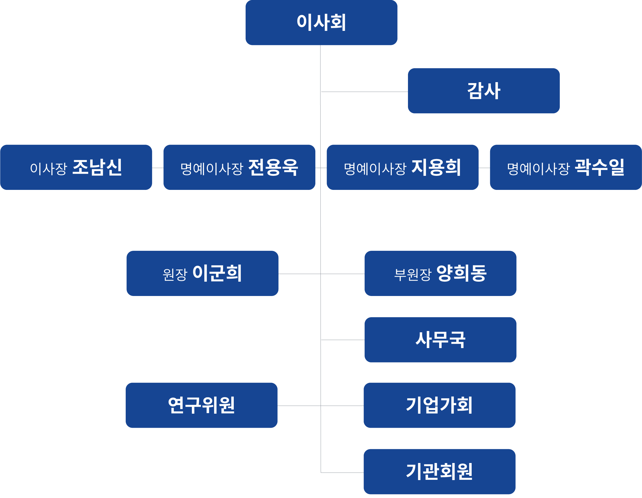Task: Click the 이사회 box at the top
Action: pos(321,22)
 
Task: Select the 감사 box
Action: pos(483,91)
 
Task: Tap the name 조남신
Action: pos(97,167)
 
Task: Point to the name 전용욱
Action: pos(273,167)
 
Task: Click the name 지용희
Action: pos(436,167)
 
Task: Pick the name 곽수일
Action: pos(599,167)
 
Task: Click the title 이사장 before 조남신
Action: pos(49,168)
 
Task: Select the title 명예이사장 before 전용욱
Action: pos(212,168)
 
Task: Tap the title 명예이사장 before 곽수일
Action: pos(538,168)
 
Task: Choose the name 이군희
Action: pos(217,273)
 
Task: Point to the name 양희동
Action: pos(461,273)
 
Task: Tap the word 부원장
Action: pos(412,274)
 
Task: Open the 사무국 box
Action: pos(440,340)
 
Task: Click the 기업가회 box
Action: pos(439,405)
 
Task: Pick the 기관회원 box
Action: pos(439,471)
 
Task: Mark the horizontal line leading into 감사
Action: pos(364,92)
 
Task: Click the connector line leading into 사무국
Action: pos(342,340)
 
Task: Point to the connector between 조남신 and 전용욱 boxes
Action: pos(158,168)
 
